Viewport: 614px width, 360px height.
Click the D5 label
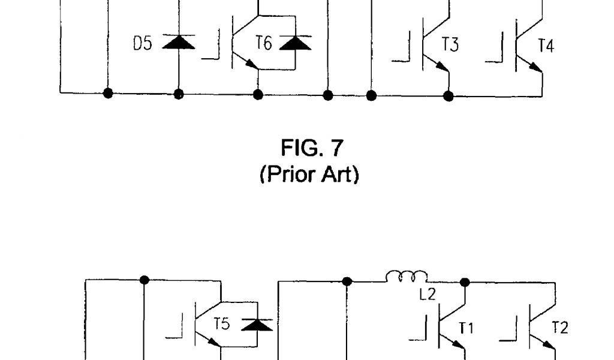click(x=143, y=44)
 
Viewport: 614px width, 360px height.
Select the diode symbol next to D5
click(x=178, y=43)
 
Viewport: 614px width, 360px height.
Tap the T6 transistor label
click(x=264, y=43)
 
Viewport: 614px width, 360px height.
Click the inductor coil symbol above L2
click(x=407, y=277)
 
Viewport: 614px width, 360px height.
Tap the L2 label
click(x=427, y=295)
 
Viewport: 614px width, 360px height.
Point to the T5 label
click(x=222, y=325)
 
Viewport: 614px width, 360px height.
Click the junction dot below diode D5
click(x=178, y=94)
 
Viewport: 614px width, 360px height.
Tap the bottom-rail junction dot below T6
click(x=258, y=94)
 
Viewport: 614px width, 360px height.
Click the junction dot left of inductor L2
click(x=347, y=280)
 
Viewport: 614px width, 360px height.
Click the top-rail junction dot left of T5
click(x=144, y=280)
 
